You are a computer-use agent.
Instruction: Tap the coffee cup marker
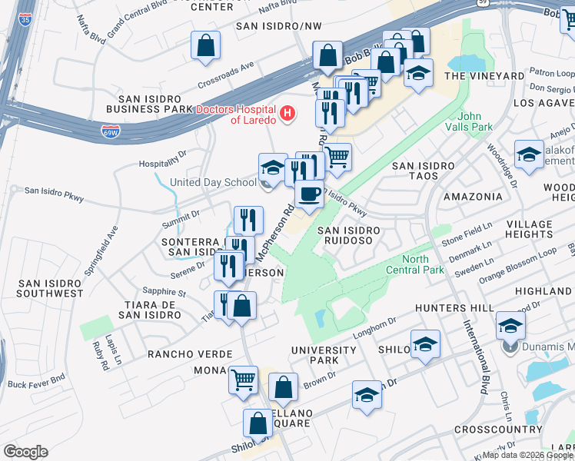click(x=309, y=194)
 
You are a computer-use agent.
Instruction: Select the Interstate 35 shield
click(x=26, y=19)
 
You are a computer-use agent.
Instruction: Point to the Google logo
click(x=26, y=451)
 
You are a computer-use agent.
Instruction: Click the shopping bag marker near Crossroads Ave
click(x=207, y=45)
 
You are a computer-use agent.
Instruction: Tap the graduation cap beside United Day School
click(x=273, y=167)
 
